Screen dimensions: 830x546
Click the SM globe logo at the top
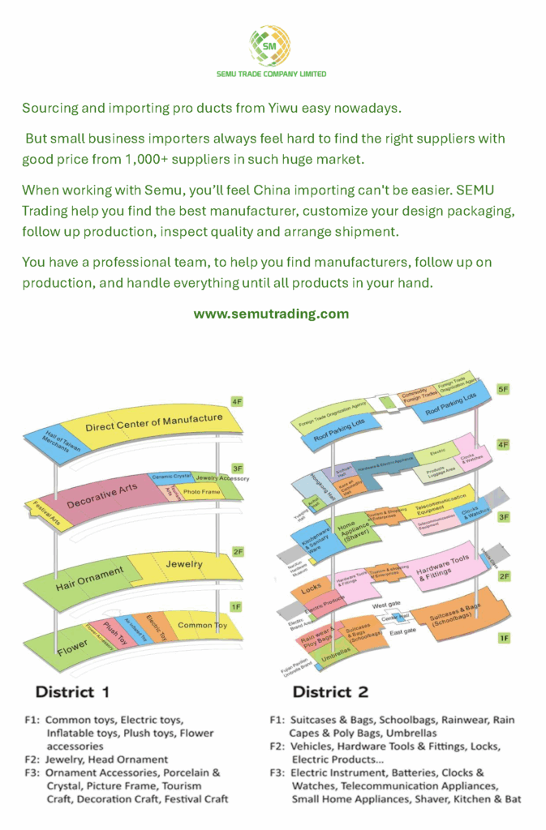270,45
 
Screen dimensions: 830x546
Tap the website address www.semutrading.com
271,314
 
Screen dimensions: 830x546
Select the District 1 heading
72,692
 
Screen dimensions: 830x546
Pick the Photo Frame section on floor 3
200,491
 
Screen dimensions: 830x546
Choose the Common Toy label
203,625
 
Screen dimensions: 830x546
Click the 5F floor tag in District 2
503,390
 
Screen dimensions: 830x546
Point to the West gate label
386,605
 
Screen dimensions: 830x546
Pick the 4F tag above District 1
237,401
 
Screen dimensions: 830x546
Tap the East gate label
403,631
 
